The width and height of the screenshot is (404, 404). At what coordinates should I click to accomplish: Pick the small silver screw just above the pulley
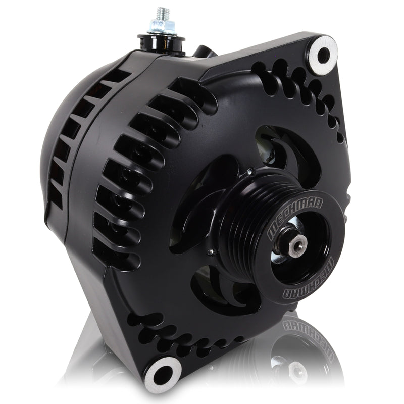click(x=249, y=173)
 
